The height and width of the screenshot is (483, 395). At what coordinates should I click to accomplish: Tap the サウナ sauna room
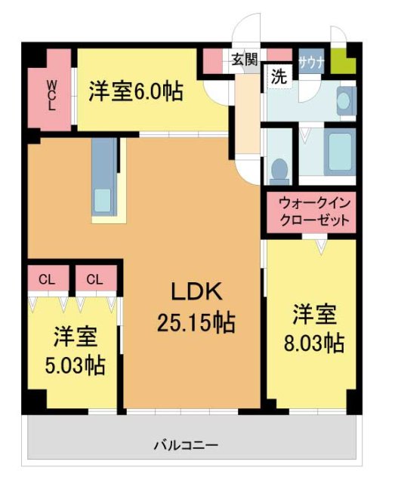(311, 62)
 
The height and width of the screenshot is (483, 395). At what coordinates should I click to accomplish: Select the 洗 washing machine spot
(279, 77)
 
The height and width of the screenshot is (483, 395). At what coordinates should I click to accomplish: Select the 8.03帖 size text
(314, 343)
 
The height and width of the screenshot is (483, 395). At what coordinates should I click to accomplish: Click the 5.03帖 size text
(74, 365)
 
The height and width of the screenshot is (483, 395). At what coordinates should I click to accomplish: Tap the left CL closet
(48, 279)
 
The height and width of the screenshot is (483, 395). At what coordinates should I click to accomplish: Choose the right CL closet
(94, 279)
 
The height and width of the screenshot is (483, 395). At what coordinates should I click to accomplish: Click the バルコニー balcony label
(190, 445)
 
